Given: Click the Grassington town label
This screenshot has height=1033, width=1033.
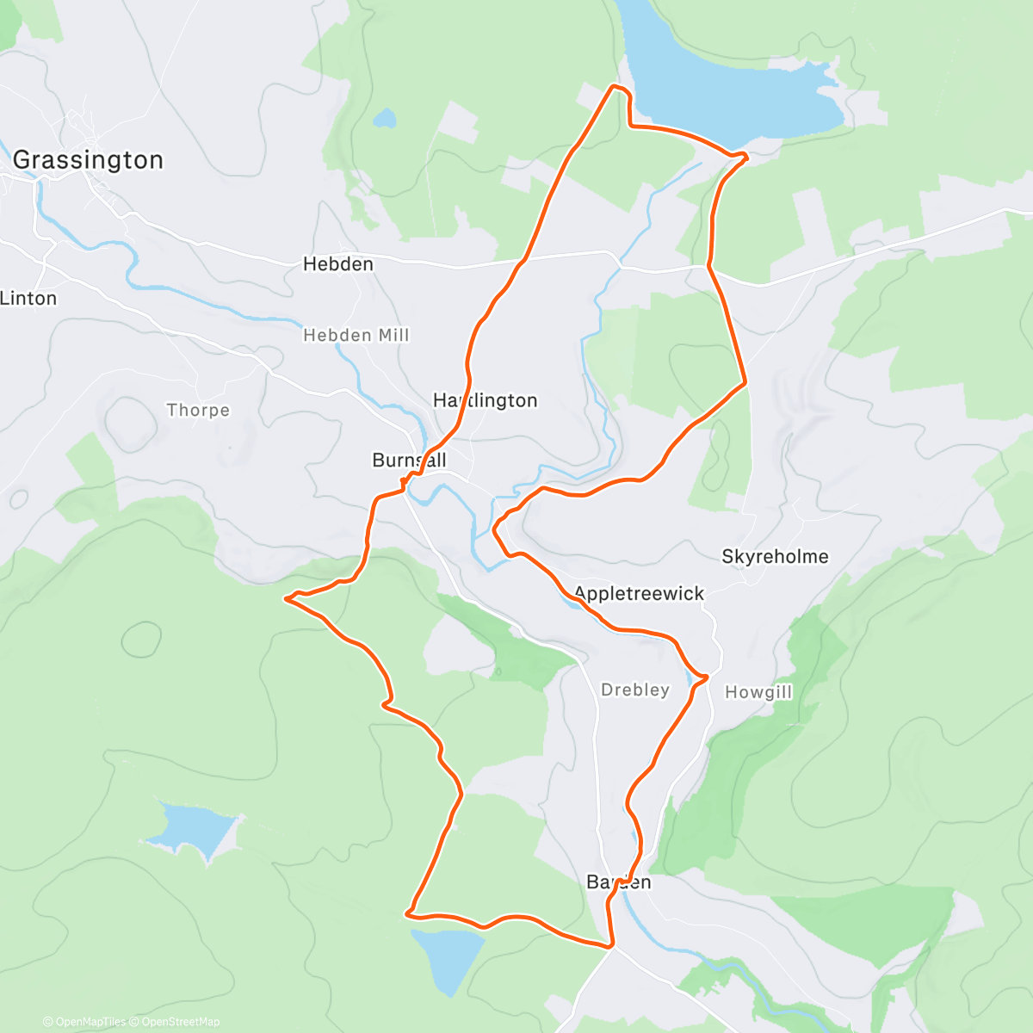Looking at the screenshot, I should [88, 160].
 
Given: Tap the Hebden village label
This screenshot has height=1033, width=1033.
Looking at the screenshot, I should [338, 264].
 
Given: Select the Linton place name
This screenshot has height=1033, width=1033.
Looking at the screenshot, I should [28, 299].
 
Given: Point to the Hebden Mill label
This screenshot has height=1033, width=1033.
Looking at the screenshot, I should [356, 335].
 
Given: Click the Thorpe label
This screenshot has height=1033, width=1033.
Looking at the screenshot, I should [198, 410].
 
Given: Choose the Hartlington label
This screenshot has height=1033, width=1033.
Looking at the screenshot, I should [486, 400].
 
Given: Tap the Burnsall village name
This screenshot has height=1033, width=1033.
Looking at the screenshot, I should [409, 461].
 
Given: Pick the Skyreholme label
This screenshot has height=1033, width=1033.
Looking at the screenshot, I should [775, 557].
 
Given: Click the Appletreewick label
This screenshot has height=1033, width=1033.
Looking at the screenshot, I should [639, 594].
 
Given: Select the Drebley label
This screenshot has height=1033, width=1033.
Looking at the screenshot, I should [635, 690].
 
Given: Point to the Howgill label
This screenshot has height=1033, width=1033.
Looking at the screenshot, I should [758, 692].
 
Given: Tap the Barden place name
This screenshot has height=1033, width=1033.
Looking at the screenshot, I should [618, 882].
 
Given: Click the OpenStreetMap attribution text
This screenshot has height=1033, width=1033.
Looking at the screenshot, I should [181, 1022].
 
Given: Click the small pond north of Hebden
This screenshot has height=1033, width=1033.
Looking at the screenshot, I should [385, 117].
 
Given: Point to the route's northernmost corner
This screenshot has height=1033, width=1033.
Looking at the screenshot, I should [615, 86].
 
